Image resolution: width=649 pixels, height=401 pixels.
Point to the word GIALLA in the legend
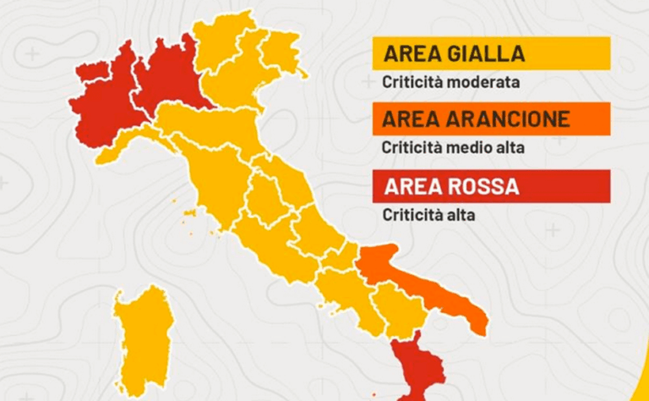[486, 54]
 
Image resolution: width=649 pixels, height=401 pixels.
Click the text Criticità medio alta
[453, 148]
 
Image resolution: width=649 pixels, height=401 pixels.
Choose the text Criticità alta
[428, 215]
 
